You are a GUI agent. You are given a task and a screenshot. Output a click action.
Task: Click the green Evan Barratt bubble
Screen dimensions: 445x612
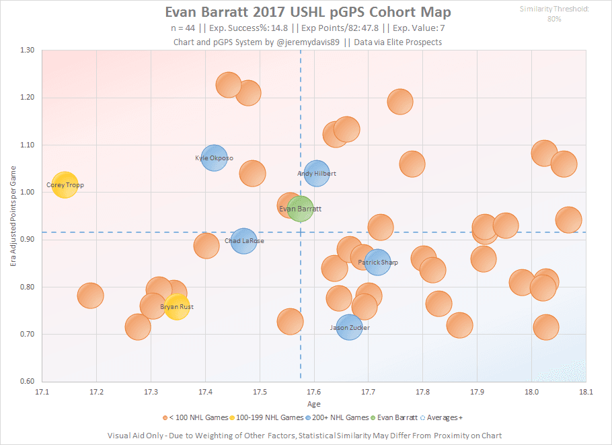pyautogui.click(x=300, y=209)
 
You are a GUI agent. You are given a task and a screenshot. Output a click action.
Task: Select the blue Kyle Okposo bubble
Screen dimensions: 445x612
pyautogui.click(x=214, y=158)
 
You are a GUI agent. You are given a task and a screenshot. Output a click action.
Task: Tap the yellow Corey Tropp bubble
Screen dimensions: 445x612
pyautogui.click(x=65, y=184)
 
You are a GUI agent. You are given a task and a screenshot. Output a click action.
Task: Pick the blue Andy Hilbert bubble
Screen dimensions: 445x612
pyautogui.click(x=316, y=173)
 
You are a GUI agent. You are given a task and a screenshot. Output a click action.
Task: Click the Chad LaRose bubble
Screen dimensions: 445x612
pyautogui.click(x=243, y=240)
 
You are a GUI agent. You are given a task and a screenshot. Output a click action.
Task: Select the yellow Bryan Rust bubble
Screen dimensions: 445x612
pyautogui.click(x=177, y=307)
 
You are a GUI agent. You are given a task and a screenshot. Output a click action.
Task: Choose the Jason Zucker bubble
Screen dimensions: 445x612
pyautogui.click(x=350, y=327)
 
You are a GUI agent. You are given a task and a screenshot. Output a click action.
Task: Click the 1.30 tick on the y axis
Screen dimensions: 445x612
pyautogui.click(x=27, y=50)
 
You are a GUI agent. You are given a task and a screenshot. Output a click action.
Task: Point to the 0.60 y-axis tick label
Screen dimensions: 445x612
pyautogui.click(x=27, y=382)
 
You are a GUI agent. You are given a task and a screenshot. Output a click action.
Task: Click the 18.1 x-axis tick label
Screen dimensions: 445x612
pyautogui.click(x=586, y=391)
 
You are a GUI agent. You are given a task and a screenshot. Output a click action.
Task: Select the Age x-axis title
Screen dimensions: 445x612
pyautogui.click(x=313, y=404)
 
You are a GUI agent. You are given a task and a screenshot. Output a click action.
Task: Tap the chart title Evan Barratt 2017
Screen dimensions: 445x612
pyautogui.click(x=308, y=13)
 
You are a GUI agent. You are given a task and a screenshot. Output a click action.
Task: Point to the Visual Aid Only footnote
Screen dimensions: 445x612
pyautogui.click(x=305, y=435)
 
